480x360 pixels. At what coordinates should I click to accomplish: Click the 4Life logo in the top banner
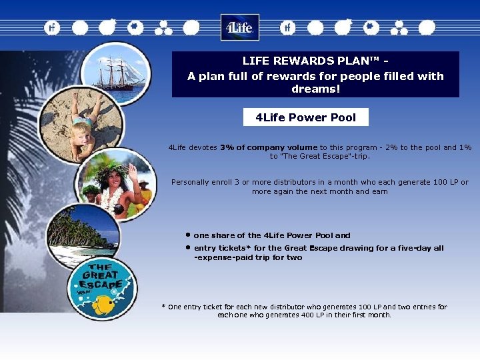(x=239, y=28)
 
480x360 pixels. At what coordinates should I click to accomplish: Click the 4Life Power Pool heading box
(x=305, y=117)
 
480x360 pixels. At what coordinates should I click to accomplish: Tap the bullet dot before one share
(x=189, y=235)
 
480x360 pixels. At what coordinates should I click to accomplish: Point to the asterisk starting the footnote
(x=163, y=307)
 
